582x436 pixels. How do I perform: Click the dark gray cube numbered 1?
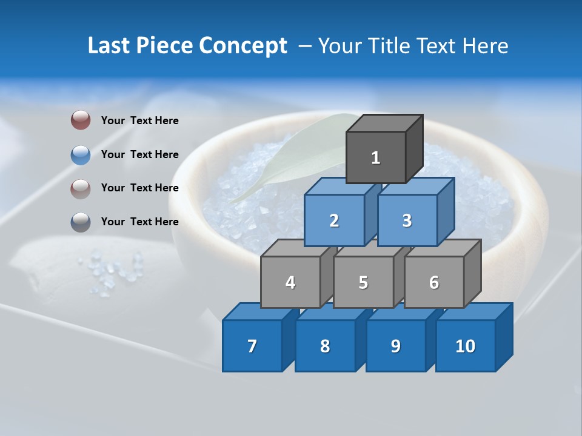[376, 157]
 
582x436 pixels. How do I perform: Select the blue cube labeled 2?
[334, 220]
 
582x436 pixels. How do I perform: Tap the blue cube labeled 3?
[407, 220]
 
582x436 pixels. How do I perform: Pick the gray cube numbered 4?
[290, 282]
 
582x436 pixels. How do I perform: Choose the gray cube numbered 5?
[363, 282]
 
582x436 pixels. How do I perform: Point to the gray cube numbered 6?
[433, 282]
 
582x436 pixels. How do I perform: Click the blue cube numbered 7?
[252, 346]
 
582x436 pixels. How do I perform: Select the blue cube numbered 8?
[324, 346]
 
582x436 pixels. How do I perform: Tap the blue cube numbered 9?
[395, 346]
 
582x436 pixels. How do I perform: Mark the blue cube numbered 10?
[465, 346]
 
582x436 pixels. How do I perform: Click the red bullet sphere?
[81, 120]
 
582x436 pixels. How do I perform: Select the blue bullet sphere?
[81, 154]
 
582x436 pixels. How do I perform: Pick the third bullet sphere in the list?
[81, 188]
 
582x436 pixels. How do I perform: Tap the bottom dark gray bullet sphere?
[81, 222]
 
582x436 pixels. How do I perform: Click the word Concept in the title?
[242, 46]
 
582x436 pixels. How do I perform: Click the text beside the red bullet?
[139, 121]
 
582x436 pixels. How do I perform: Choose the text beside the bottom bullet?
[139, 222]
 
